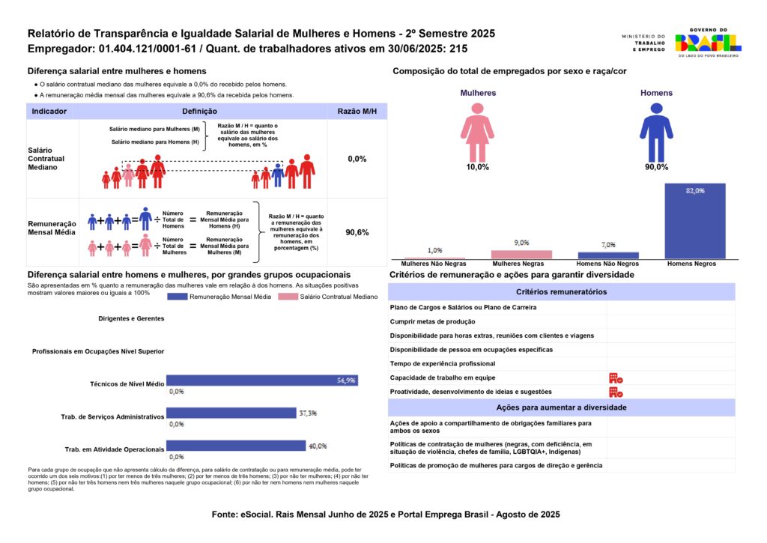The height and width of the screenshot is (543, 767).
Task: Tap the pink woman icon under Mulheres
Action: point(477,132)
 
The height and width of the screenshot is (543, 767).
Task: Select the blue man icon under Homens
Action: point(656,132)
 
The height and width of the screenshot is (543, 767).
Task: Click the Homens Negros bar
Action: point(694,222)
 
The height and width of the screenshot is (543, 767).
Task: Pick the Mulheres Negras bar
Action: point(521,255)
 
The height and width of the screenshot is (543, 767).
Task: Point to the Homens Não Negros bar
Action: point(607,255)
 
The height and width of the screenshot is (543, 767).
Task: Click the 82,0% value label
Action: point(694,191)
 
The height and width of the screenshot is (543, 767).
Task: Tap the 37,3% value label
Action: point(307,413)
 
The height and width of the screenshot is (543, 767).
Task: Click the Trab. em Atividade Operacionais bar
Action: point(235,446)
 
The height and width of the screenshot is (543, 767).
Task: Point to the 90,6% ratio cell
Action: point(357,233)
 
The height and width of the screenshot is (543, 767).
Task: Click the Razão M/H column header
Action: point(357,111)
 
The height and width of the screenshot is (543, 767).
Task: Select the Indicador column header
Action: point(49,111)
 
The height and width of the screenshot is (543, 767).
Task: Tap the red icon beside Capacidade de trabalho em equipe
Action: point(616,378)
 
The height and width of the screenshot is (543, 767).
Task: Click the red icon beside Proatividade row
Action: point(616,392)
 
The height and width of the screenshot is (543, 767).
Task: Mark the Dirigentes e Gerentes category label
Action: point(131,318)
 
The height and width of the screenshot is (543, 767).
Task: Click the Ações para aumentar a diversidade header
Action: point(562,407)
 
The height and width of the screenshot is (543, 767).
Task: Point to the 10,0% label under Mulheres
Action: point(477,167)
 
